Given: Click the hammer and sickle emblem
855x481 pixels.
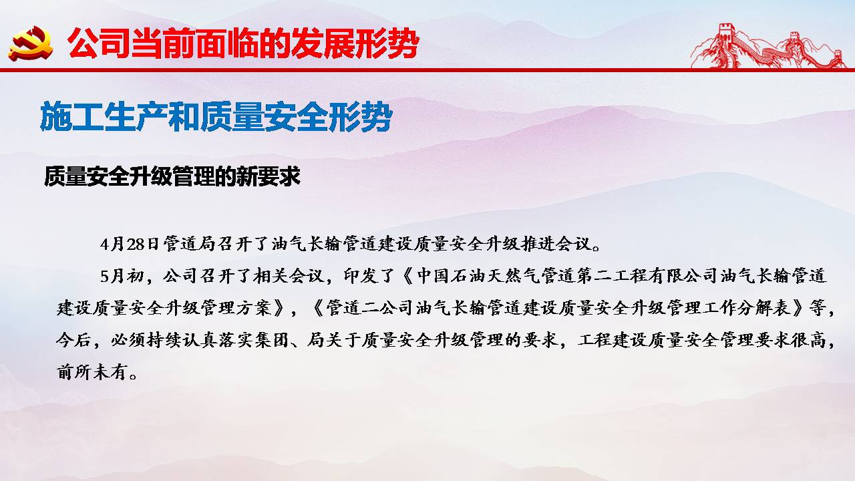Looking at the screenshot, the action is (x=31, y=43).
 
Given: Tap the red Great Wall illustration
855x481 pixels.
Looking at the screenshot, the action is (x=768, y=46).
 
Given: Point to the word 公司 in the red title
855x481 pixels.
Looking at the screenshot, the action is (x=98, y=43).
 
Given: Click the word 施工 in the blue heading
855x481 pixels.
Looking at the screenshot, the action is (x=71, y=116).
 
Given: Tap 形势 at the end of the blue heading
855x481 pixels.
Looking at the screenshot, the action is (x=361, y=116).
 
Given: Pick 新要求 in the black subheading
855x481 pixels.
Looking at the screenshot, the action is (x=269, y=176).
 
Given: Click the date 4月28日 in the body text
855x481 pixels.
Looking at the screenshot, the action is (x=130, y=244).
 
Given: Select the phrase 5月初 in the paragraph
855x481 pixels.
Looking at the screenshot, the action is (x=122, y=276).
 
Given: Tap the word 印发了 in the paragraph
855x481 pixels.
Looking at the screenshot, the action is (x=369, y=276).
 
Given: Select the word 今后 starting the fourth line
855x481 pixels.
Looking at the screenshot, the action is (x=73, y=340).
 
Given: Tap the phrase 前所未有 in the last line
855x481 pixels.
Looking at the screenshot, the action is (x=91, y=372).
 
